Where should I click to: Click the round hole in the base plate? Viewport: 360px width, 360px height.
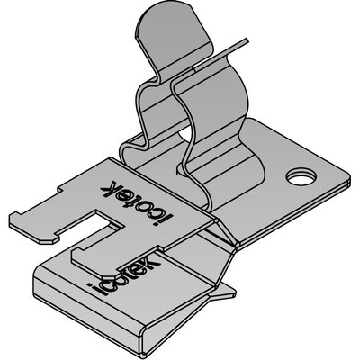[301, 176]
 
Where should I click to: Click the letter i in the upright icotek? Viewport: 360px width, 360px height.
[92, 288]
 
